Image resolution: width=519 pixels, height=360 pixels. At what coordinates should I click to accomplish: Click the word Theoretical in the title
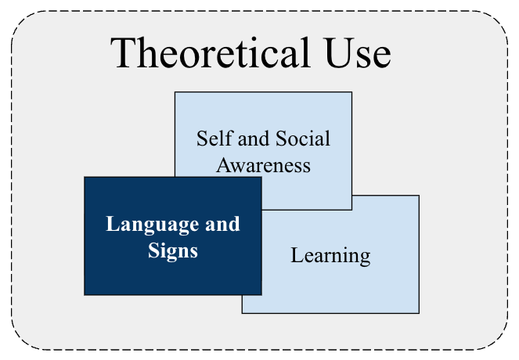pyautogui.click(x=211, y=53)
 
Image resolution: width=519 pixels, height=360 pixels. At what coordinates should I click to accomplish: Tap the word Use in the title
pyautogui.click(x=358, y=53)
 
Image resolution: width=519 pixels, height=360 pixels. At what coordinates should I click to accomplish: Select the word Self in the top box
pyautogui.click(x=214, y=139)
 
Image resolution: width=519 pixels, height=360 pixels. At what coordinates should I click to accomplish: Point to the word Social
pyautogui.click(x=303, y=139)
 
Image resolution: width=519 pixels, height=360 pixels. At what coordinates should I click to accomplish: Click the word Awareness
pyautogui.click(x=264, y=165)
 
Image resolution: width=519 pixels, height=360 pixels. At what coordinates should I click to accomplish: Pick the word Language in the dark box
pyautogui.click(x=153, y=225)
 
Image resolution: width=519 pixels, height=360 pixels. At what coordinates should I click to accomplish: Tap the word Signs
pyautogui.click(x=173, y=251)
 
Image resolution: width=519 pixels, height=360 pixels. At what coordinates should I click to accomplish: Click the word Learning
pyautogui.click(x=330, y=256)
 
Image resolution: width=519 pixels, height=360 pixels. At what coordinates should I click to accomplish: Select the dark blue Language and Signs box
pyautogui.click(x=173, y=236)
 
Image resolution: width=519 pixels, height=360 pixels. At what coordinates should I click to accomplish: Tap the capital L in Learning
pyautogui.click(x=297, y=255)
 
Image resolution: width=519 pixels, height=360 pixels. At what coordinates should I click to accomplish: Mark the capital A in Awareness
pyautogui.click(x=224, y=164)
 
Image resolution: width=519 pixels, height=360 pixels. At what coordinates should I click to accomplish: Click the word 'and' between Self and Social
pyautogui.click(x=254, y=139)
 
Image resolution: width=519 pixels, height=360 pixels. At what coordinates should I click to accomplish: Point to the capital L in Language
pyautogui.click(x=112, y=224)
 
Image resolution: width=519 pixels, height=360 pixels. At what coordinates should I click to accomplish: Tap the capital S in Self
pyautogui.click(x=201, y=139)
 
